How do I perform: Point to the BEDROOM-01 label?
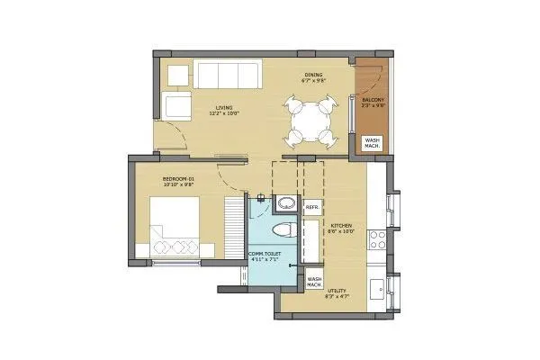click(x=178, y=180)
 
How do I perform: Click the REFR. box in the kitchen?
click(x=313, y=209)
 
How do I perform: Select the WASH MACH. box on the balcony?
click(x=371, y=143)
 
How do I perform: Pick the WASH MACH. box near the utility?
click(x=315, y=280)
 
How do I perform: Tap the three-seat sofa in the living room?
click(x=228, y=75)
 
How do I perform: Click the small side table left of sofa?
click(x=177, y=74)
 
